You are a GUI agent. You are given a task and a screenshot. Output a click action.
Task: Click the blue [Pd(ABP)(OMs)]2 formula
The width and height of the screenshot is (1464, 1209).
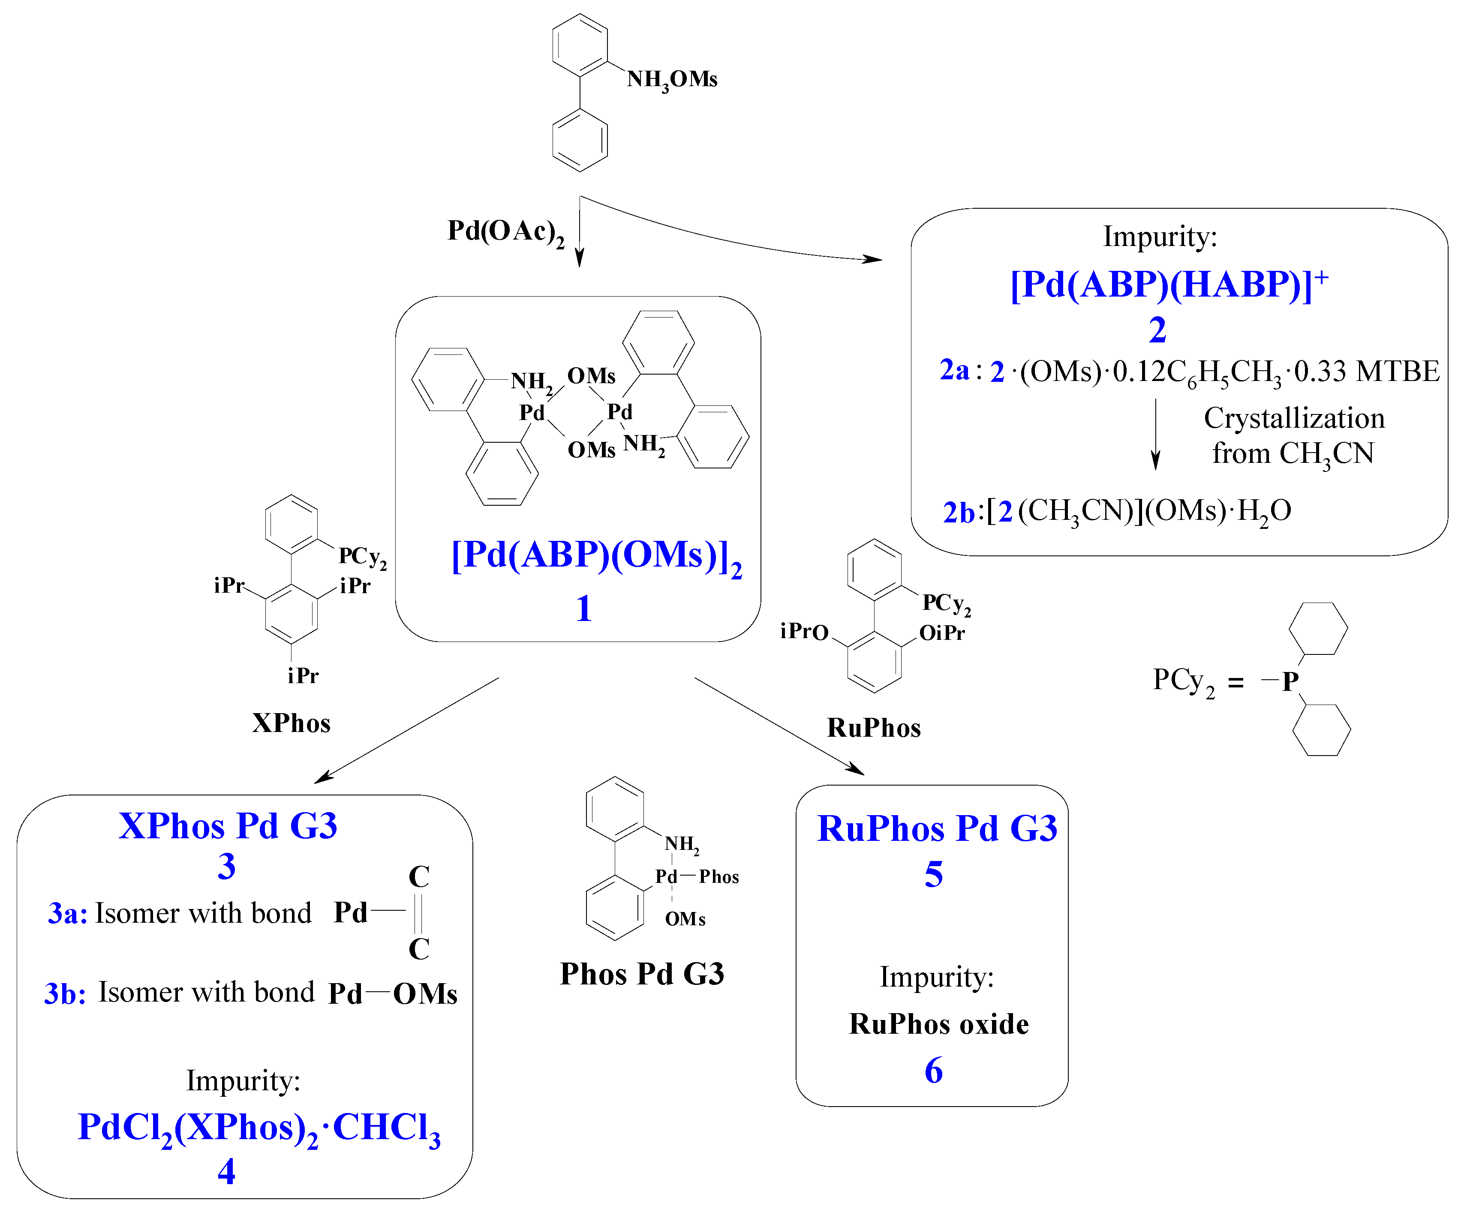coord(595,556)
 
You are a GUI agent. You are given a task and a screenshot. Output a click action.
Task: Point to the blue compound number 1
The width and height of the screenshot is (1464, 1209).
coord(583,608)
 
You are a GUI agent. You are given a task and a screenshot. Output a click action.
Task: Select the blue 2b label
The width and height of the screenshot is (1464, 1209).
coord(958,512)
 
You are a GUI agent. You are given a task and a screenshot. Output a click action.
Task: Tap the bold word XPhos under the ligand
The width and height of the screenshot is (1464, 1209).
coord(291,723)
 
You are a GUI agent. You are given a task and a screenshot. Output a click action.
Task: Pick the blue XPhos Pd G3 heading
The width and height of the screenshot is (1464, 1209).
coord(228,826)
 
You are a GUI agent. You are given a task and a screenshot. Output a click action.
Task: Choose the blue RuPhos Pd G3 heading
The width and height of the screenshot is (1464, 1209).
coord(937,829)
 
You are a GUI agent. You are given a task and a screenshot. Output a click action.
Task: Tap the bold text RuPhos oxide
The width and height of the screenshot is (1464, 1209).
coord(938,1024)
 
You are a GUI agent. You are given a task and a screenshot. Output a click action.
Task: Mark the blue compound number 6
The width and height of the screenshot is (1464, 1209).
coord(933,1071)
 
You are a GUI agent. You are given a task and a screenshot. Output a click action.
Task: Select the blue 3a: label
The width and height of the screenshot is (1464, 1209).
coord(67,913)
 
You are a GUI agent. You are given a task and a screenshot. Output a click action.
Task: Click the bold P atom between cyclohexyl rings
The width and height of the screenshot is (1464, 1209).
coord(1290,681)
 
